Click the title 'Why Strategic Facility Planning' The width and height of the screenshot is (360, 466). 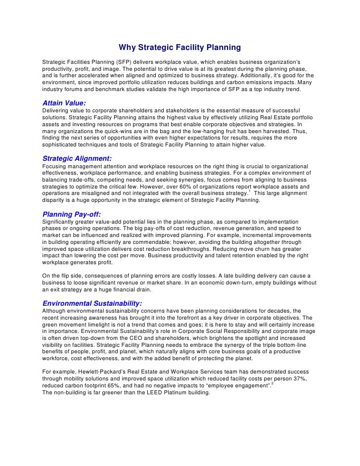point(180,48)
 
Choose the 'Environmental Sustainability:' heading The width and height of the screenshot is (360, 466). point(92,302)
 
